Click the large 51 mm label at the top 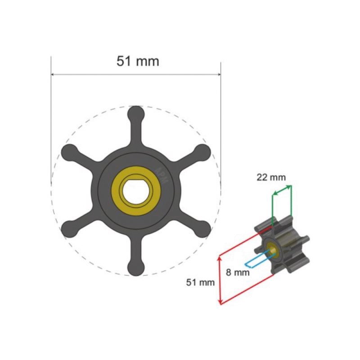[138, 61]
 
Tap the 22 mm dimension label [271, 177]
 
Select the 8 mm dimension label [238, 273]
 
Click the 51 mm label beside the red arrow [200, 283]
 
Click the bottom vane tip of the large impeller [136, 268]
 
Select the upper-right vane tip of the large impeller [203, 153]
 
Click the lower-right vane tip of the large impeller [203, 229]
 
